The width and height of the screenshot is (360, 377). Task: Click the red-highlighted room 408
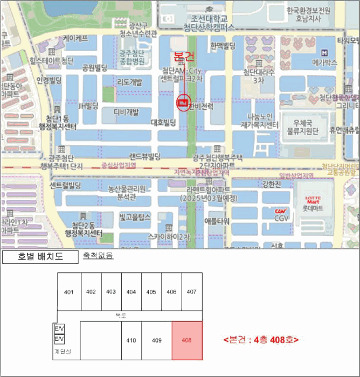[187, 340]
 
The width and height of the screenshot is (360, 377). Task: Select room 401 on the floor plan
[68, 292]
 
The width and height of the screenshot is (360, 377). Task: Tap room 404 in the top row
[131, 292]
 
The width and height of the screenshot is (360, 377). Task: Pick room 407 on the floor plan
[191, 292]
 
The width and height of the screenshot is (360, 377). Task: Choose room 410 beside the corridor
[130, 340]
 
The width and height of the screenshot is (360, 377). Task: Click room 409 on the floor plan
[156, 340]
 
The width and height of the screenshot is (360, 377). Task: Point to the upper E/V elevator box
[59, 329]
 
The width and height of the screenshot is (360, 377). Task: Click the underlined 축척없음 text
[98, 256]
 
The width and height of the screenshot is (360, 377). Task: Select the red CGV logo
[280, 211]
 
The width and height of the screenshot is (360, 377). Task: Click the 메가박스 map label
[328, 62]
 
